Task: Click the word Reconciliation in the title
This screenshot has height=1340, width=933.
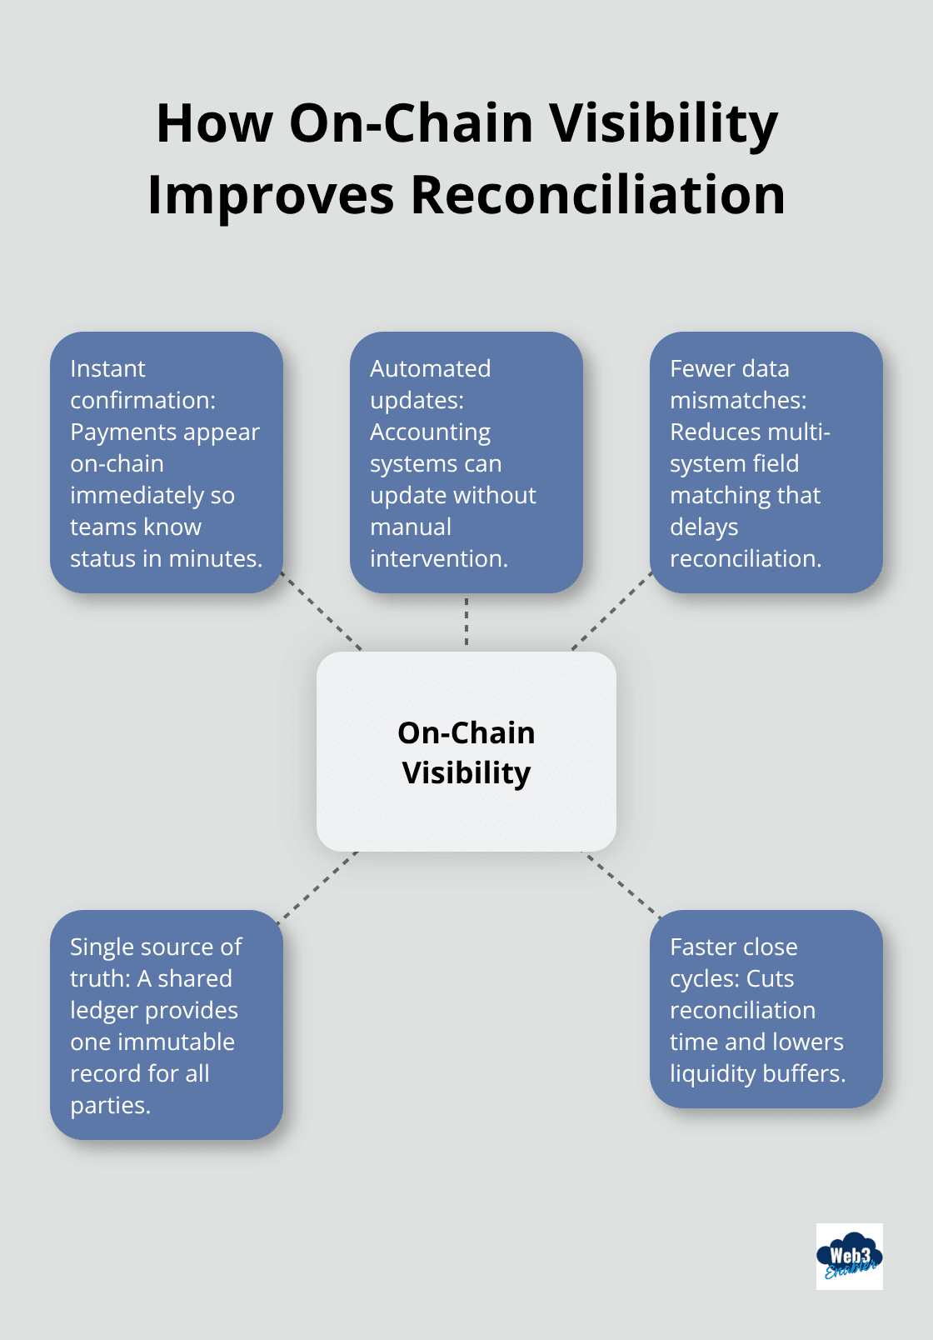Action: [x=597, y=196]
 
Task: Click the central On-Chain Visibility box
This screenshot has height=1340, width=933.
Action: [x=466, y=752]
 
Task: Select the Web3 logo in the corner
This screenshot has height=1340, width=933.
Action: [x=849, y=1257]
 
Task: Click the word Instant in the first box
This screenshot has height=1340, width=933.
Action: [x=107, y=368]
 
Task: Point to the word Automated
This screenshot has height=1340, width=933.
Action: [x=430, y=368]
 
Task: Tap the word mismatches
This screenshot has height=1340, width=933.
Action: [x=737, y=400]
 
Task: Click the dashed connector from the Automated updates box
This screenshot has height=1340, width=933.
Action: [x=466, y=622]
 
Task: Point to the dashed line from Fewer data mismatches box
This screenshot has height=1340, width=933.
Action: [x=611, y=611]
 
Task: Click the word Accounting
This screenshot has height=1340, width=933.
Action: [x=430, y=432]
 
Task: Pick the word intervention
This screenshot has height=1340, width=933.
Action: [x=438, y=558]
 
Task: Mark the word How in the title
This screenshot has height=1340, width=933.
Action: [x=214, y=123]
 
